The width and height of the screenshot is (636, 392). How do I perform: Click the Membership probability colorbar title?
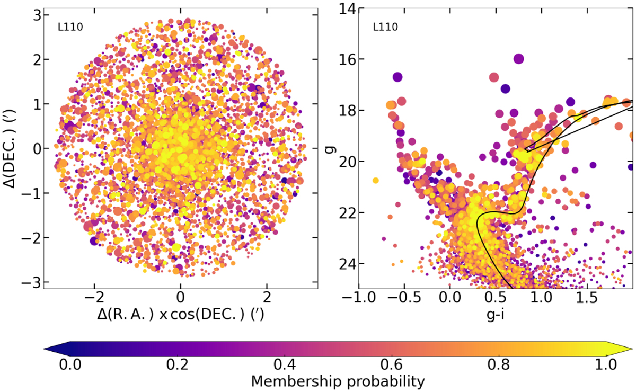click(338, 381)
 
